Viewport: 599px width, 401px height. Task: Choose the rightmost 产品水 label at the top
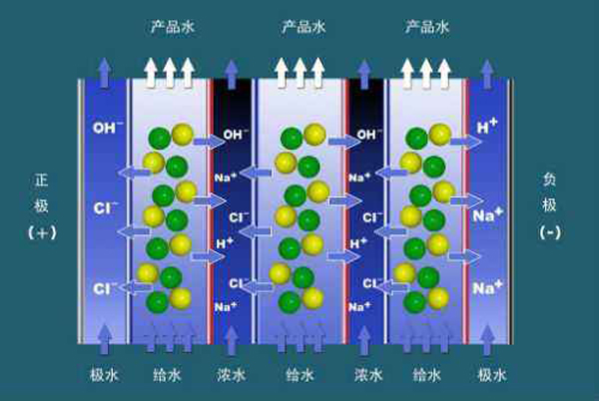[x=425, y=28]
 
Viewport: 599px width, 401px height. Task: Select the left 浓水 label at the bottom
[x=232, y=375]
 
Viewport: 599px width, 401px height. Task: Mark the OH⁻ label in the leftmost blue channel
[x=108, y=129]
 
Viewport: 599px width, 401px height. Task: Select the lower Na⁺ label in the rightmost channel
[x=487, y=288]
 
